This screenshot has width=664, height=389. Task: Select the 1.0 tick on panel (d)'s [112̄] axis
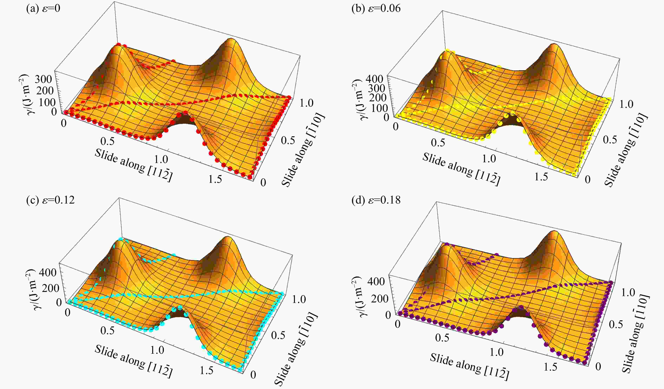[x=497, y=352]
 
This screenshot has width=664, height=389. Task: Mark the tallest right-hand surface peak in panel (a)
[x=231, y=40]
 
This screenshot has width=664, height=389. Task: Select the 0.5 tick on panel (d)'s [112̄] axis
[x=442, y=337]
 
